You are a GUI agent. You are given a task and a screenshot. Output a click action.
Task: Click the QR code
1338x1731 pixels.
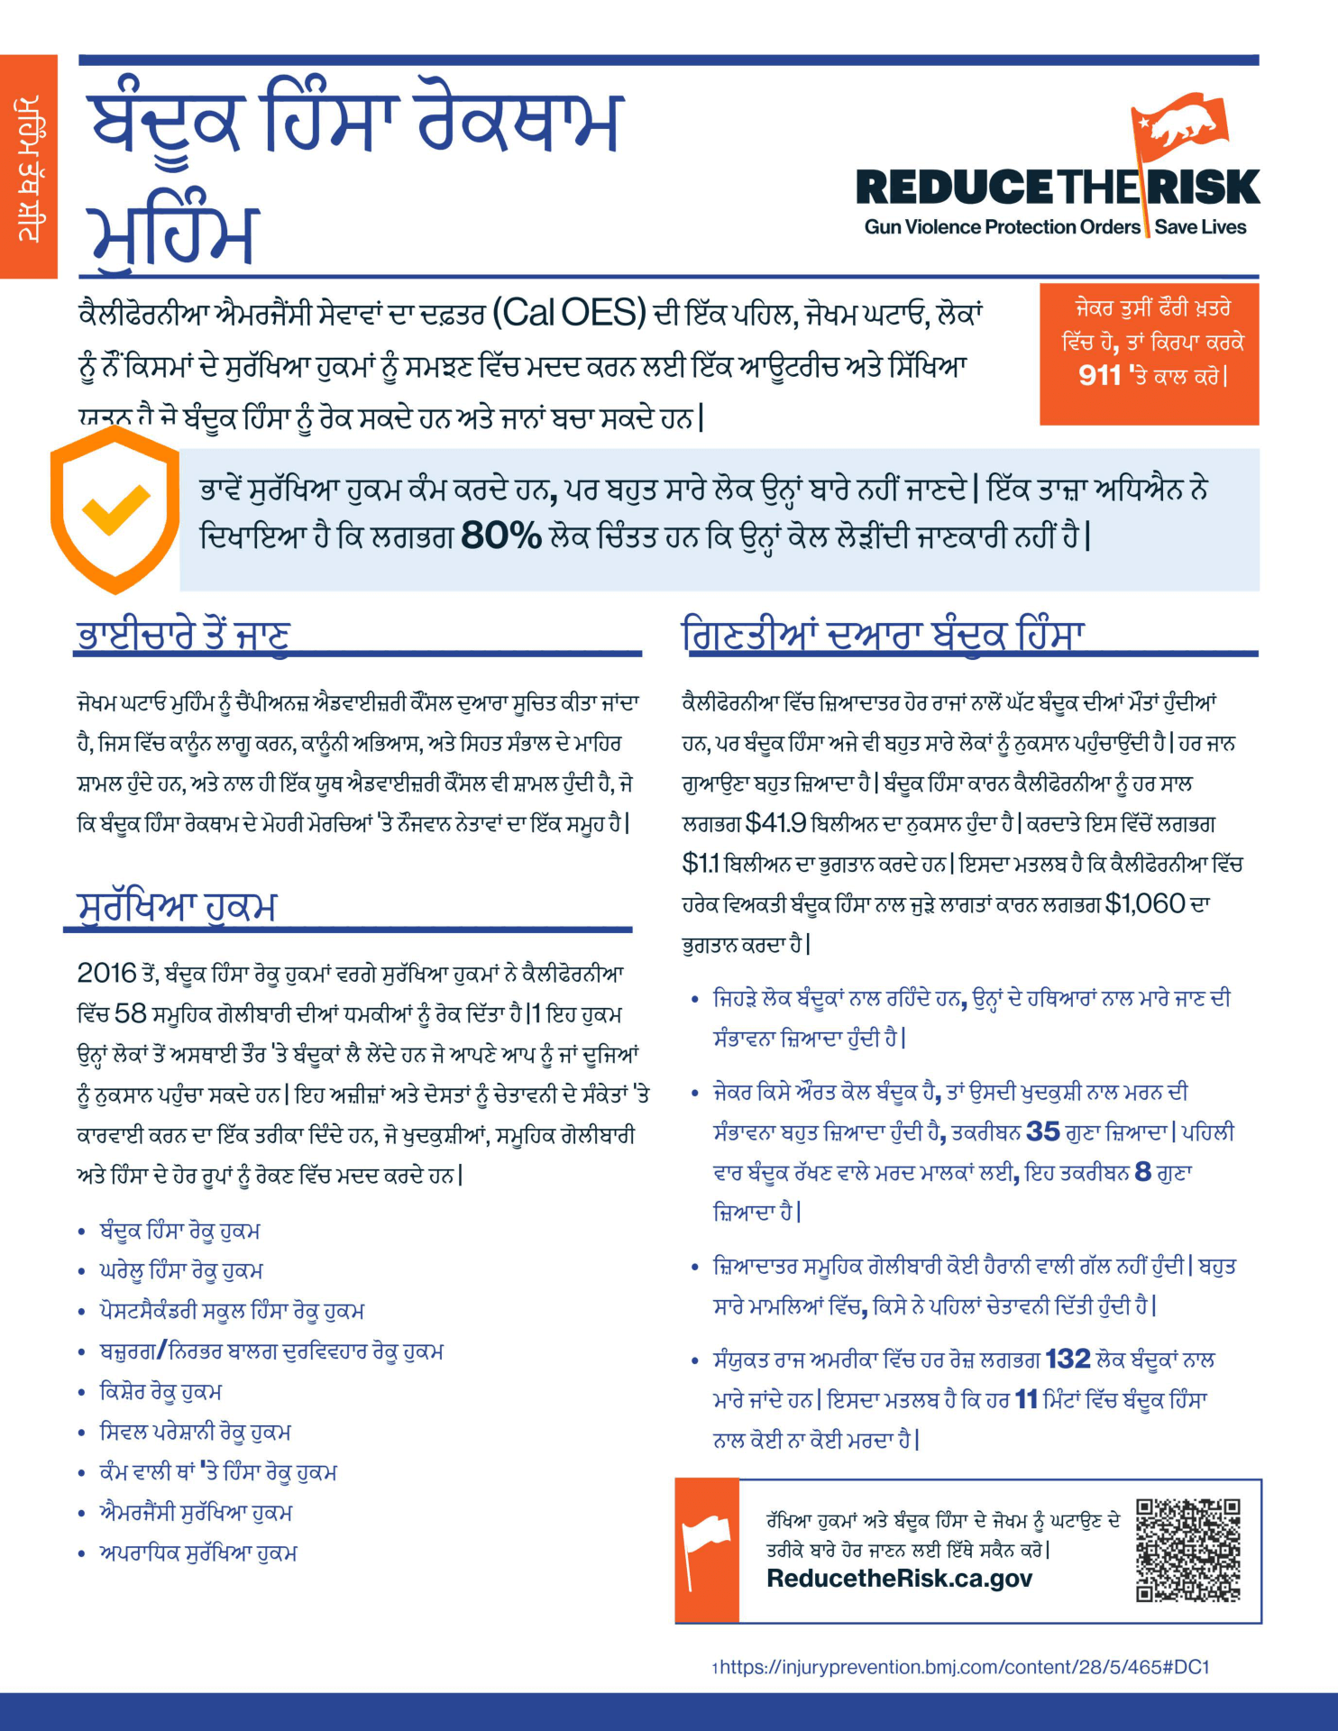(x=1187, y=1550)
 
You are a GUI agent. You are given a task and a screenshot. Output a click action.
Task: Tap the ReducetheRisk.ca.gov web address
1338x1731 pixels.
(x=899, y=1579)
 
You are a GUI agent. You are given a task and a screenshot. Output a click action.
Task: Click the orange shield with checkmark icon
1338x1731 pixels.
(x=115, y=509)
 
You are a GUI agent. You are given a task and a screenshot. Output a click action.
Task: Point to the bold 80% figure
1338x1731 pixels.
(x=500, y=536)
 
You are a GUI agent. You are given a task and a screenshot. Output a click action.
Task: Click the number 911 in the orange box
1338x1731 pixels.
(x=1099, y=375)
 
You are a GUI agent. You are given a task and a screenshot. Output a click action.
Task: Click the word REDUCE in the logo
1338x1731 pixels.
(x=954, y=188)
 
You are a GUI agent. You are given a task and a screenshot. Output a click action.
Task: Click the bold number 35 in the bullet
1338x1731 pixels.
(x=1042, y=1131)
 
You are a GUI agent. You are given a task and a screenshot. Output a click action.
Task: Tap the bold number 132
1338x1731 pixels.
(x=1068, y=1359)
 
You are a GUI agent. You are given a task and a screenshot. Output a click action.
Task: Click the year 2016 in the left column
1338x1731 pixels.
(x=106, y=973)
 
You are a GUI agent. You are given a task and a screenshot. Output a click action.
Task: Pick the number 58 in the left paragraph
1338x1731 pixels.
(x=130, y=1013)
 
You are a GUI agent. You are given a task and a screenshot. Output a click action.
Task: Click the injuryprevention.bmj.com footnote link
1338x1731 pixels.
(x=964, y=1667)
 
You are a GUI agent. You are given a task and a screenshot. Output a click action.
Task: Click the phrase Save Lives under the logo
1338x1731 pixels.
(x=1200, y=227)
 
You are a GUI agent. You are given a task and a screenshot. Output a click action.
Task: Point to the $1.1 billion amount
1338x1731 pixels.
(x=701, y=864)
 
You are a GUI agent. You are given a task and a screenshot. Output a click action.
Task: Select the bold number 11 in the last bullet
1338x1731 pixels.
(x=1026, y=1399)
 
